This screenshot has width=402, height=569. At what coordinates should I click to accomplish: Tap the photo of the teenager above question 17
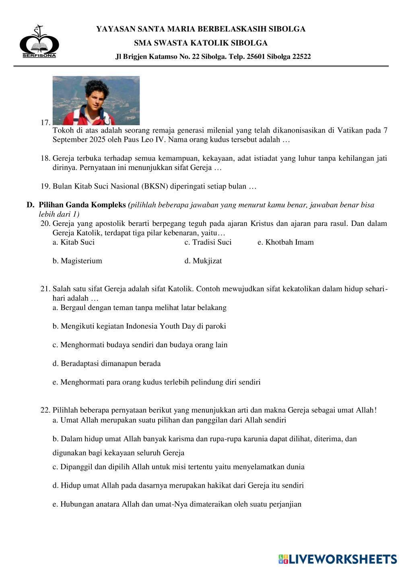click(96, 100)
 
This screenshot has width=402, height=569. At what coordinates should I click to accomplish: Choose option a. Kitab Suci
click(74, 242)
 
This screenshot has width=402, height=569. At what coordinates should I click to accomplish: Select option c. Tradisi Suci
click(208, 242)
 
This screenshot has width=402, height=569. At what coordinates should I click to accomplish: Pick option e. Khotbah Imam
click(285, 242)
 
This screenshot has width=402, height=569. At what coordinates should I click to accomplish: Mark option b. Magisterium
click(77, 261)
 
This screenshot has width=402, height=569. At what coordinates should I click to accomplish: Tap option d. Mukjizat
click(203, 261)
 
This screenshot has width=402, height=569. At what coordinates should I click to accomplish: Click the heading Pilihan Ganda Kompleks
click(82, 205)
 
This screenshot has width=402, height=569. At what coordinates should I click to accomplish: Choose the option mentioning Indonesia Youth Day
click(139, 326)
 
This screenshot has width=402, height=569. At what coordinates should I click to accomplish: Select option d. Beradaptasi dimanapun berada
click(107, 364)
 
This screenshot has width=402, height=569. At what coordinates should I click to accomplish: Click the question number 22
click(45, 410)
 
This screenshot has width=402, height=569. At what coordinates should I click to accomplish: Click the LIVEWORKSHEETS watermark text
click(342, 559)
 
